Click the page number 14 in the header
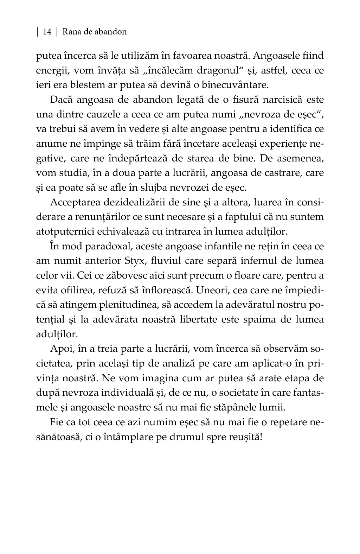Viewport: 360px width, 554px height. pyautogui.click(x=47, y=32)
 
